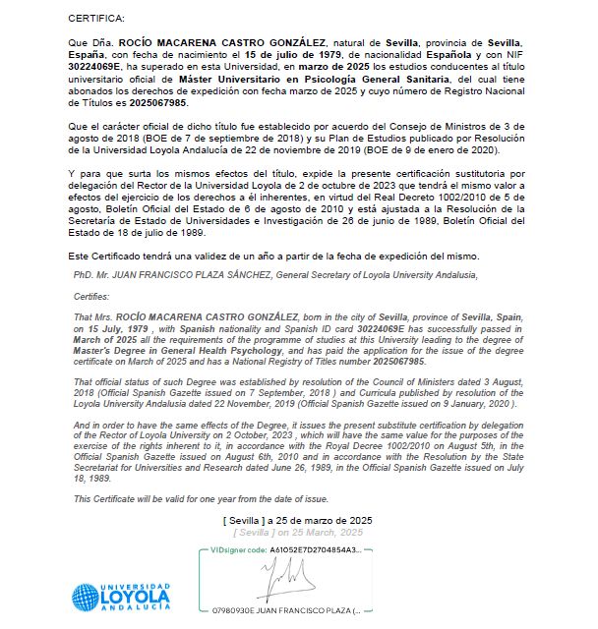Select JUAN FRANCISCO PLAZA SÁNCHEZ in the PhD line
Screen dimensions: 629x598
click(x=182, y=274)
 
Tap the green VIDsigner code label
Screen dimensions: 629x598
click(x=234, y=550)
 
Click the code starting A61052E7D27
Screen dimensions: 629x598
click(x=316, y=550)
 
